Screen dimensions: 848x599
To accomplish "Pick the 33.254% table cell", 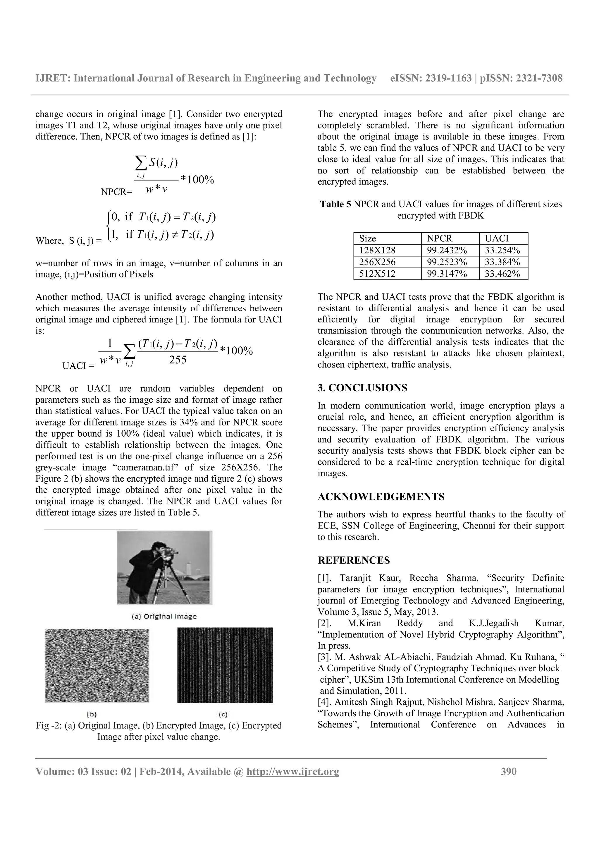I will pyautogui.click(x=502, y=250).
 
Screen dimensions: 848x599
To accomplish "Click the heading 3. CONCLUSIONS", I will pyautogui.click(x=362, y=388).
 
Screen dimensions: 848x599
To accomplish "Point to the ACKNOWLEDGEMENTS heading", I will pyautogui.click(x=381, y=497).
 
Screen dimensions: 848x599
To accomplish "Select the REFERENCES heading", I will pyautogui.click(x=354, y=560).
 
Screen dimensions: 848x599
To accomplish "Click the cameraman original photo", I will pyautogui.click(x=165, y=568).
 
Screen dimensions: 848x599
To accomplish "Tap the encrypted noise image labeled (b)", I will pyautogui.click(x=97, y=665).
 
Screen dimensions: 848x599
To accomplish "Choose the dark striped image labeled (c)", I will pyautogui.click(x=225, y=665).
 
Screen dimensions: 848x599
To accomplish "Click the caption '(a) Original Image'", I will pyautogui.click(x=165, y=617).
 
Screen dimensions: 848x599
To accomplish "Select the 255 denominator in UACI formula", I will pyautogui.click(x=178, y=360).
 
